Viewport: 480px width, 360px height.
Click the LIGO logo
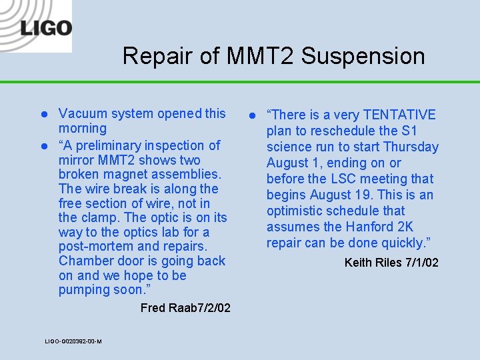tap(45, 28)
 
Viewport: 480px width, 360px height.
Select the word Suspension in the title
tap(363, 56)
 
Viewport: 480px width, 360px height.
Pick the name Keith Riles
tap(372, 263)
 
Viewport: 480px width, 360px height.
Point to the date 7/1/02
tap(421, 263)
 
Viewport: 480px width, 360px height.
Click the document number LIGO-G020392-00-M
tap(73, 341)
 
